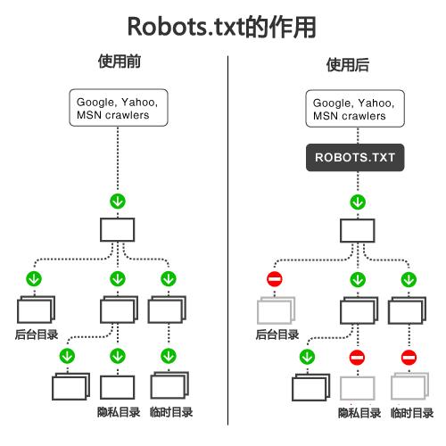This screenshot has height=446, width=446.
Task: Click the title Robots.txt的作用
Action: [222, 26]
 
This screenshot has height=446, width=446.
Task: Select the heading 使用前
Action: [119, 64]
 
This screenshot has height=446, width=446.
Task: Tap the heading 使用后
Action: [348, 65]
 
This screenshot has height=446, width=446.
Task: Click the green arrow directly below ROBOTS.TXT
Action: [356, 202]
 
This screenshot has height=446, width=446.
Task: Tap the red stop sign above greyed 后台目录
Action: [274, 280]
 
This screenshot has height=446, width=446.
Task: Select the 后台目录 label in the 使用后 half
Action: [277, 335]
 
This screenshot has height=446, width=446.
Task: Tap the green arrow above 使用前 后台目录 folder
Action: [35, 280]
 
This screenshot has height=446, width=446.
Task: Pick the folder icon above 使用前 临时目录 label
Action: [169, 386]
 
